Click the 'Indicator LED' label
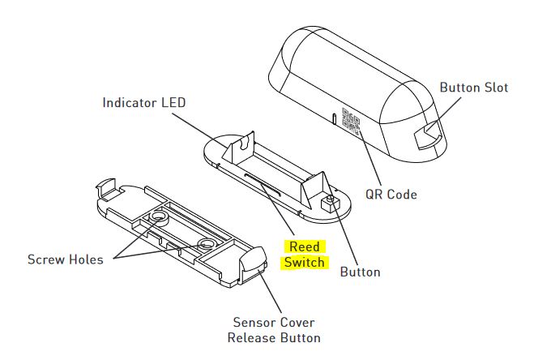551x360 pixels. [x=143, y=103]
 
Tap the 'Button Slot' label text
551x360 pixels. [x=474, y=88]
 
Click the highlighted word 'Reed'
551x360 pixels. [x=305, y=246]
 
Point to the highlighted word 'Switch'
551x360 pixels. [x=305, y=263]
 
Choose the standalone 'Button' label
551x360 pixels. [x=360, y=272]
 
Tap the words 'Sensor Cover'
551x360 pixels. [x=273, y=321]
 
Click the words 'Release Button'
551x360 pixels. [x=273, y=337]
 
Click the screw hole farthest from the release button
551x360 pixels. [x=156, y=216]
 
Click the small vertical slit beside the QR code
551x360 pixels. [x=333, y=118]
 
